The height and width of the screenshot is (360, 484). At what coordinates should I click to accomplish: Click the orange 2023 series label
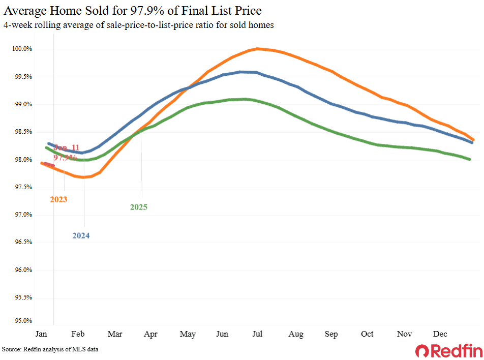58,199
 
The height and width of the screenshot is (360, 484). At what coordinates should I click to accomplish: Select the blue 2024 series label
81,235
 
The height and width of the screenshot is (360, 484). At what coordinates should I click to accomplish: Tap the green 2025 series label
138,207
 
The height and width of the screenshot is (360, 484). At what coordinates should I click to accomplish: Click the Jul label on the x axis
258,334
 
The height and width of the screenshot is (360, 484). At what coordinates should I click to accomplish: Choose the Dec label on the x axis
440,334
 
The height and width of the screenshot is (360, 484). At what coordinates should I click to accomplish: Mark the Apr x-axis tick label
150,334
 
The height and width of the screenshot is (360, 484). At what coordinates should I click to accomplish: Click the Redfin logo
446,350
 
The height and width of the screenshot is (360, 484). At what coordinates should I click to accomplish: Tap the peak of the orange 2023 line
258,49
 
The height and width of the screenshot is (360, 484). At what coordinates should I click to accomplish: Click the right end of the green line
470,160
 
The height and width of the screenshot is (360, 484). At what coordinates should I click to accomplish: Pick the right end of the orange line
473,139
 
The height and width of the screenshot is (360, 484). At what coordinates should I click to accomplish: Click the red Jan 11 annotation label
67,148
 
